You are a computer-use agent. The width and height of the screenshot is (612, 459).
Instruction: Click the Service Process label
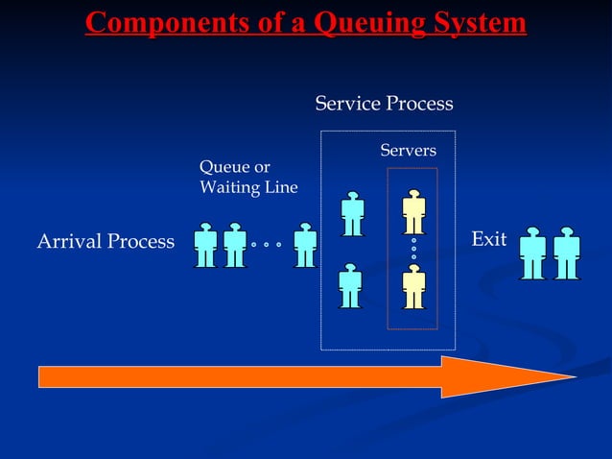pos(384,104)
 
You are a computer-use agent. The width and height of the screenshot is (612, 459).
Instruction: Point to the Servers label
pos(408,151)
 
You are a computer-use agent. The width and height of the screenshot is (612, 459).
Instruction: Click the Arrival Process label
pos(106,241)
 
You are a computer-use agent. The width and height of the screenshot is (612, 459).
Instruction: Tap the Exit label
pos(489,239)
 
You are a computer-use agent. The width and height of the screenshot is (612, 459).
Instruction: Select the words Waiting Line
pos(248,187)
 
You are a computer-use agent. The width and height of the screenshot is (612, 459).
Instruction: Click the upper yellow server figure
pos(413,212)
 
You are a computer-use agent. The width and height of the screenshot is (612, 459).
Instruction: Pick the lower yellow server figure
pos(413,286)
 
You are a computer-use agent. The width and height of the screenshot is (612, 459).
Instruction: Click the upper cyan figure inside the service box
pos(352,213)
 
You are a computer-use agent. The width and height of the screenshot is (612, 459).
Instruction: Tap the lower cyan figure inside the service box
pos(350,285)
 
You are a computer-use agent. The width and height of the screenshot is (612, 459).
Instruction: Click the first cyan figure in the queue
pos(204,246)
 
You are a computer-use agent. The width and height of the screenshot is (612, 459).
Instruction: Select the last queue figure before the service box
pos(305,246)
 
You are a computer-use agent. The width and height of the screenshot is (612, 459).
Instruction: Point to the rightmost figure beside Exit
pos(567,253)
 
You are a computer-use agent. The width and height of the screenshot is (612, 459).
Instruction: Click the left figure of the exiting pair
pos(532,253)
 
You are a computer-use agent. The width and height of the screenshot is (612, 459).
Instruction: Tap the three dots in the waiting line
pos(266,245)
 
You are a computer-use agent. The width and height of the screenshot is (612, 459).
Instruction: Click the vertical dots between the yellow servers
pos(413,249)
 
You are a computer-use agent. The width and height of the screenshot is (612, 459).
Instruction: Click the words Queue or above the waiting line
pos(234,168)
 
